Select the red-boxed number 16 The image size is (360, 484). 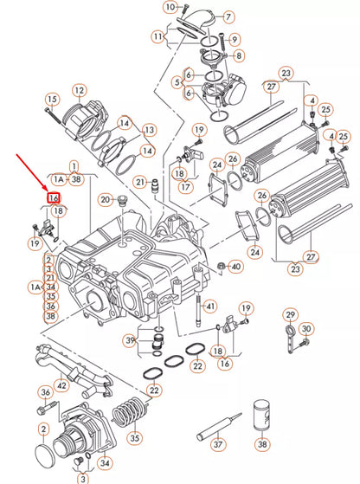[54, 198]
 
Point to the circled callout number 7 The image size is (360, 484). [228, 16]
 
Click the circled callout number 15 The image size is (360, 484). [52, 99]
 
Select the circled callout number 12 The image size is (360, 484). [79, 90]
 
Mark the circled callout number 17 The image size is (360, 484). [181, 184]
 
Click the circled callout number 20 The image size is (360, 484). [105, 200]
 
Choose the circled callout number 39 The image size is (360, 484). [130, 342]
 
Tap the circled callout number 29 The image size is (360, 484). [290, 313]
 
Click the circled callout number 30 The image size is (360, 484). [305, 330]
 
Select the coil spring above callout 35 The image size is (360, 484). [132, 406]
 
